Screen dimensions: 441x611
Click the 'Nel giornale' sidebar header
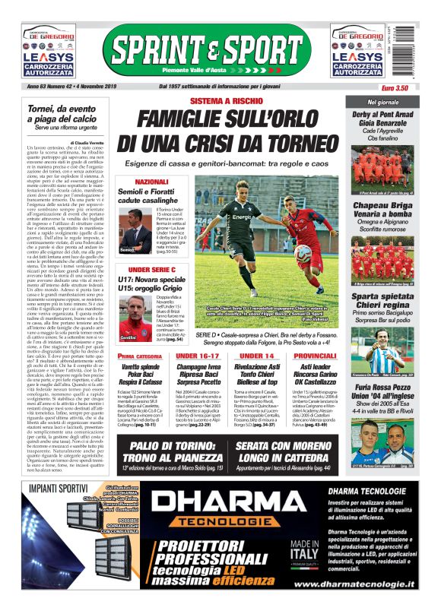tap(382, 101)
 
